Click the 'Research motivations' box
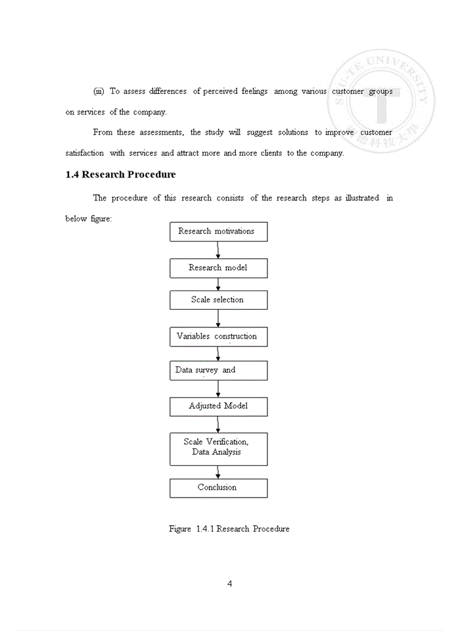218,231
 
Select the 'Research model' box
218,268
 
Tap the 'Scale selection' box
218,300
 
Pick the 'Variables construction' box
218,337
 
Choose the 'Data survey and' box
218,370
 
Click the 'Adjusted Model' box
218,406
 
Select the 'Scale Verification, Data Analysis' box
218,448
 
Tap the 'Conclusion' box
218,488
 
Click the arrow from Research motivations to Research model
218,250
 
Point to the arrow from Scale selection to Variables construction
218,318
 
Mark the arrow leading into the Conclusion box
218,472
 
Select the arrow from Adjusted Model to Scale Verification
218,424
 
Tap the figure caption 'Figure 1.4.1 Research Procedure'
229,529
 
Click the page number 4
229,584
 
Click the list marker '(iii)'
99,91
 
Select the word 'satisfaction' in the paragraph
84,153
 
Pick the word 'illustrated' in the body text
361,198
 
